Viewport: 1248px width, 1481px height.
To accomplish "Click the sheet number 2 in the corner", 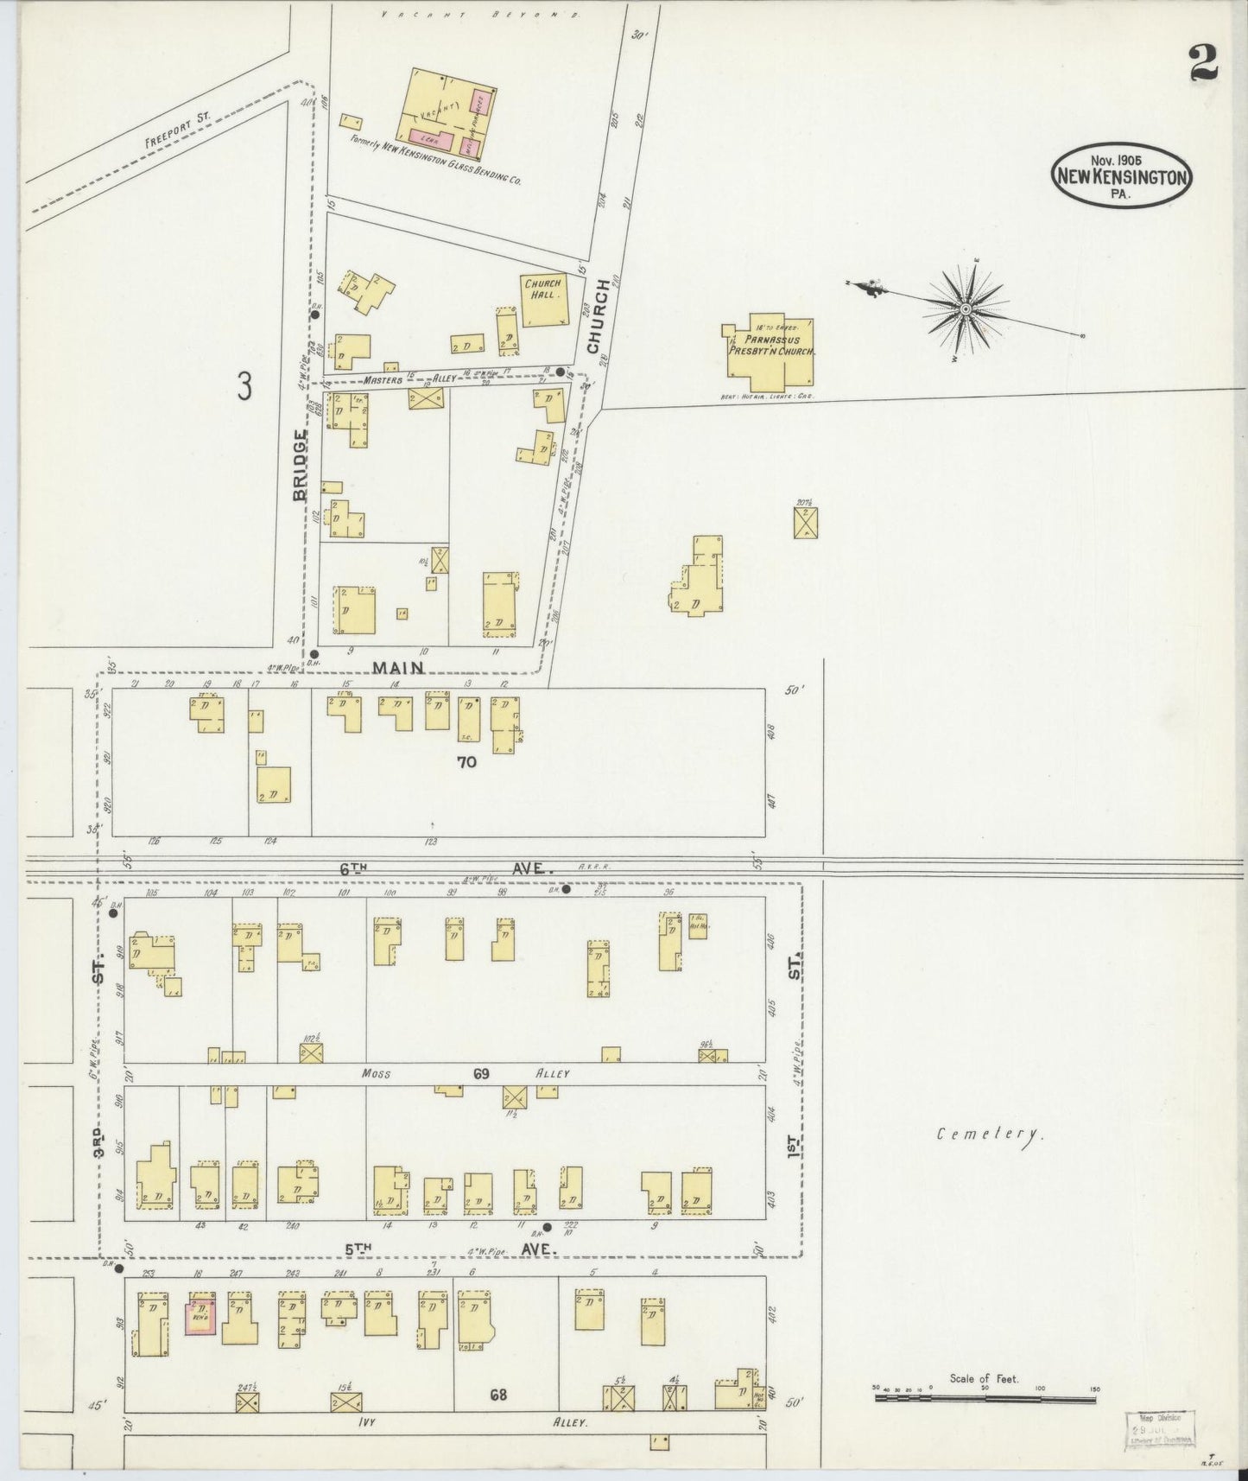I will coord(1202,63).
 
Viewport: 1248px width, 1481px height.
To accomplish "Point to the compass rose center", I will coord(966,307).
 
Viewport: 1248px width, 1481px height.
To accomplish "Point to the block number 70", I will coord(467,762).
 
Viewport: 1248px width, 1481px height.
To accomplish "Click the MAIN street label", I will coord(398,667).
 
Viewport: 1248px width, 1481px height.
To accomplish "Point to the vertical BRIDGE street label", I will coord(300,464).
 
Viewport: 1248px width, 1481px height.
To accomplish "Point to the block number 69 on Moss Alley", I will coord(482,1074).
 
